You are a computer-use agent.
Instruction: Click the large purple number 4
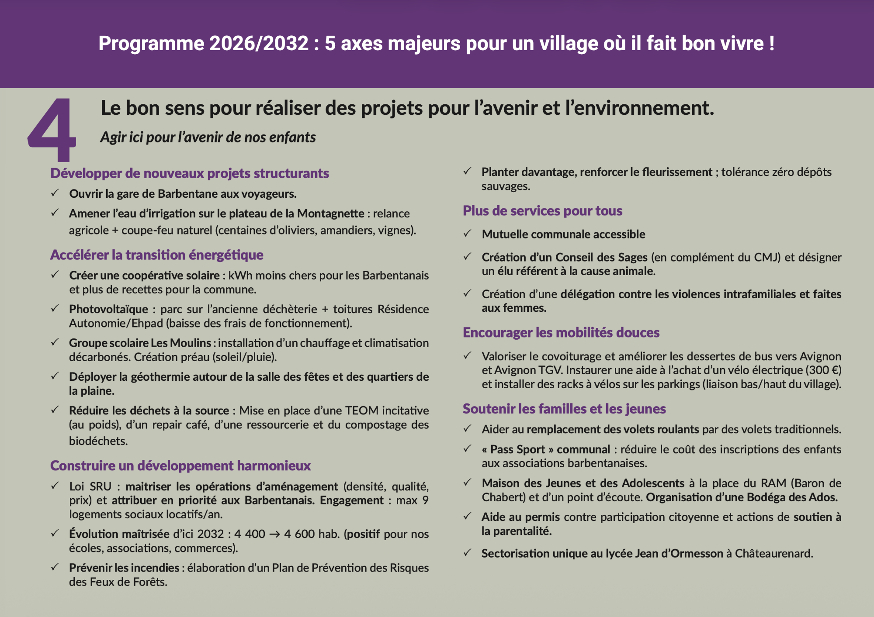tap(52, 130)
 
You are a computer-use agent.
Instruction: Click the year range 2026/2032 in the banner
tap(259, 44)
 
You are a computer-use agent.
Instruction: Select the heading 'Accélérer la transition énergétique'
tap(156, 255)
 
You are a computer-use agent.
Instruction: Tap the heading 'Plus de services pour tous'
tap(542, 211)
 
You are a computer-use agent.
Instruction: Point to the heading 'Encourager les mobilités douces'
tap(561, 333)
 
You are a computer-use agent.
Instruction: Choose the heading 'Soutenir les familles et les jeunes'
tap(564, 409)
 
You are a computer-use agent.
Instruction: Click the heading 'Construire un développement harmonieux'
tap(180, 465)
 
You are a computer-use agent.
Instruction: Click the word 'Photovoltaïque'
tap(108, 309)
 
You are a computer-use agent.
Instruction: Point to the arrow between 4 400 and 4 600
tap(274, 534)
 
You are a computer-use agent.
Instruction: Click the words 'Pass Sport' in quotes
tap(517, 449)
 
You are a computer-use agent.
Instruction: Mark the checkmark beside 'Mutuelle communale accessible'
tap(468, 234)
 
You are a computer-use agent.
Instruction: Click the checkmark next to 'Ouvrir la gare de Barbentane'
tap(55, 193)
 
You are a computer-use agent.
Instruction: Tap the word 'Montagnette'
tap(330, 214)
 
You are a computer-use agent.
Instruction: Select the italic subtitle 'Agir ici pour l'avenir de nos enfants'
tap(208, 137)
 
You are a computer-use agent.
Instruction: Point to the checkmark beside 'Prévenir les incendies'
tap(55, 567)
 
